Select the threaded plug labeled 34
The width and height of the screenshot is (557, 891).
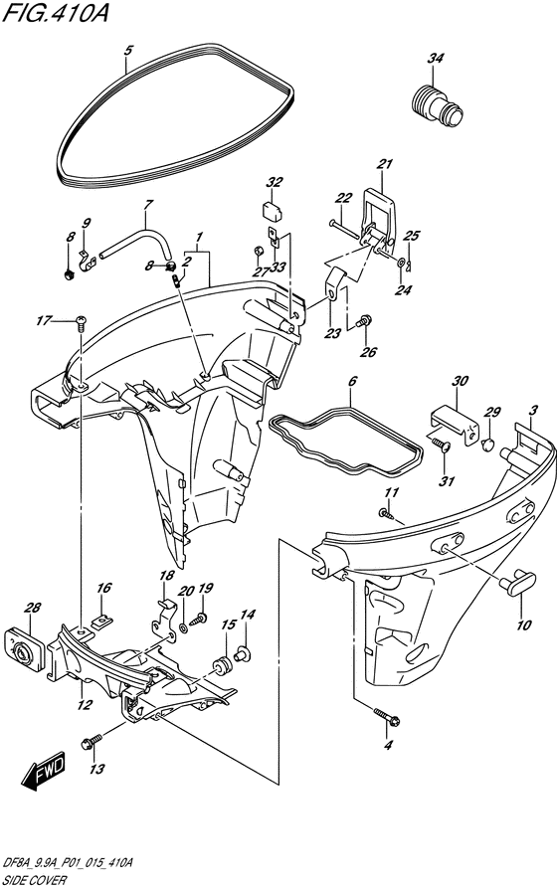point(437,106)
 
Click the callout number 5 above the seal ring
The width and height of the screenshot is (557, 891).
point(128,51)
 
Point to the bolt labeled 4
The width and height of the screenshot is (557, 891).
point(387,717)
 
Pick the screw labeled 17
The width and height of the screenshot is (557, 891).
point(81,323)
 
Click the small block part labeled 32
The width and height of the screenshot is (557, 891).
point(272,209)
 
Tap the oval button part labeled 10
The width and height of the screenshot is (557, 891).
point(517,583)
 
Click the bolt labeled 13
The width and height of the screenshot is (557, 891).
point(92,741)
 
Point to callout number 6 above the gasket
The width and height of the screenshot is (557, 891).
point(352,381)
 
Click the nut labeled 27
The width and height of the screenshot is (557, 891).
point(257,250)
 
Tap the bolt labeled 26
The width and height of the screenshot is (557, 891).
point(364,321)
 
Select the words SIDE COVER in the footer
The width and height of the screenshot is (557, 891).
point(34,880)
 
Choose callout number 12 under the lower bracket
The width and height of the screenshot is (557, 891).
point(85,705)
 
